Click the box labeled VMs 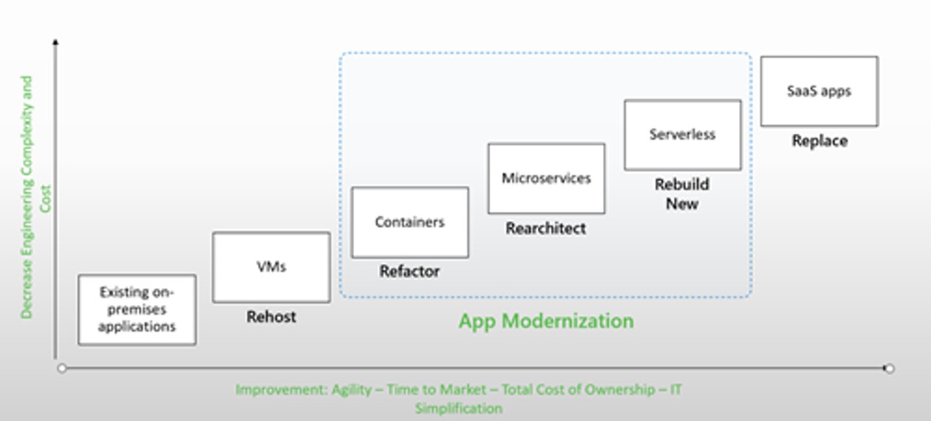[271, 267]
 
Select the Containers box [410, 222]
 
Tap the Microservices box [547, 179]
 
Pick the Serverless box [683, 135]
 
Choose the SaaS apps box [819, 92]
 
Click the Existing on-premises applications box [137, 309]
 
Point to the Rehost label [271, 317]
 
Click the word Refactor [409, 271]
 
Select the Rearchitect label [546, 228]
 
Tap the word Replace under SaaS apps [819, 141]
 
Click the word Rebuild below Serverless [682, 184]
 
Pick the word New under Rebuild [682, 204]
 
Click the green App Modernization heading [546, 321]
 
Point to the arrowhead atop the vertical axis [55, 41]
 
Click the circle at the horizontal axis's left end [62, 369]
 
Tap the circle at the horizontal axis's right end [889, 369]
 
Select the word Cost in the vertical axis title [45, 199]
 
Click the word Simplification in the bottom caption [459, 408]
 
